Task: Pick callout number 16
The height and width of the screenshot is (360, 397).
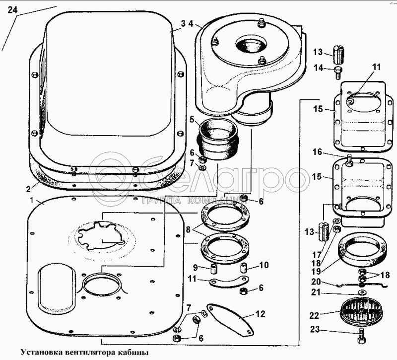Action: pos(317,152)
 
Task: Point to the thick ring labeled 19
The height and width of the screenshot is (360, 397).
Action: pos(362,250)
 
